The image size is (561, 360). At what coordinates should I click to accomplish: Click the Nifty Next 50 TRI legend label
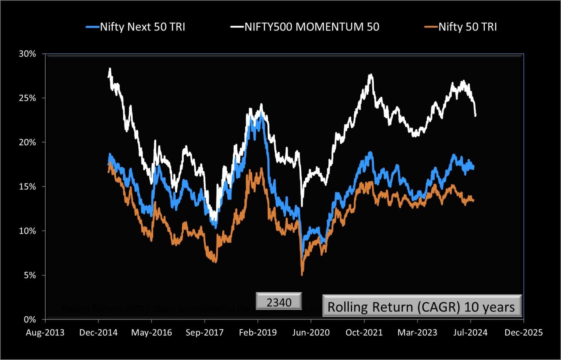tap(142, 27)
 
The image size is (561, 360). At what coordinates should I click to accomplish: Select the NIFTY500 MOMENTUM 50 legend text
tap(312, 27)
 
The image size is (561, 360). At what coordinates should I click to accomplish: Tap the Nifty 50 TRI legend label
tap(467, 27)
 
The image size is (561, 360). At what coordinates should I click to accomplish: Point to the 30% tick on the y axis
tap(27, 54)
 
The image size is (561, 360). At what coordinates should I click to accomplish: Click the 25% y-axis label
tap(27, 98)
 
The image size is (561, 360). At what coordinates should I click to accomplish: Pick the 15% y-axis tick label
tap(27, 187)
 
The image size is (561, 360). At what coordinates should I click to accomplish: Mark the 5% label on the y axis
tap(30, 275)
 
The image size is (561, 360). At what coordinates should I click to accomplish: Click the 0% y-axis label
tap(30, 320)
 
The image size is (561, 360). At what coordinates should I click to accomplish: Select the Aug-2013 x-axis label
tap(45, 333)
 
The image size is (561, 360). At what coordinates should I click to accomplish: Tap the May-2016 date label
tap(152, 333)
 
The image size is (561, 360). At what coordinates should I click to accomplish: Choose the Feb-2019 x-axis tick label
tap(258, 333)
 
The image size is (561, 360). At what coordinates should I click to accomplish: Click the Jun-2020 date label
tap(311, 333)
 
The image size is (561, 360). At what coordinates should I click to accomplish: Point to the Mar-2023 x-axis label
tap(417, 333)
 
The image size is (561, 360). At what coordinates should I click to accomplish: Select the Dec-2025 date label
tap(523, 333)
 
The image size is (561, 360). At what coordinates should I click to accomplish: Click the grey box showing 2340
tap(279, 302)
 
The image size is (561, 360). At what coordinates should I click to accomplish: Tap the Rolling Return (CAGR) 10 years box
tap(421, 306)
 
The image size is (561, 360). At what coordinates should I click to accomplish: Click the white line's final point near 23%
tap(476, 115)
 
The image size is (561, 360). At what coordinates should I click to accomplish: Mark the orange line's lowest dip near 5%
tap(302, 274)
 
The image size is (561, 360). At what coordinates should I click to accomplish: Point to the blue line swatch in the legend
tap(92, 27)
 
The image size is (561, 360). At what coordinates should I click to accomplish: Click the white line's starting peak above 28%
tap(110, 68)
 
